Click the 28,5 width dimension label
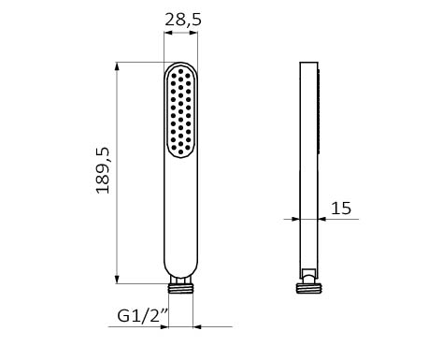(183, 20)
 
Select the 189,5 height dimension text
(103, 170)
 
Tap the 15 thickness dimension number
(341, 209)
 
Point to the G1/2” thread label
(143, 315)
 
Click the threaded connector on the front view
(180, 289)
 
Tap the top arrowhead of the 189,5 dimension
(117, 66)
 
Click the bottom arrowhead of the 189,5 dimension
(117, 280)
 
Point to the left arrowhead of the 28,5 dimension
(168, 33)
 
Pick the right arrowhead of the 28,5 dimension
(193, 33)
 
